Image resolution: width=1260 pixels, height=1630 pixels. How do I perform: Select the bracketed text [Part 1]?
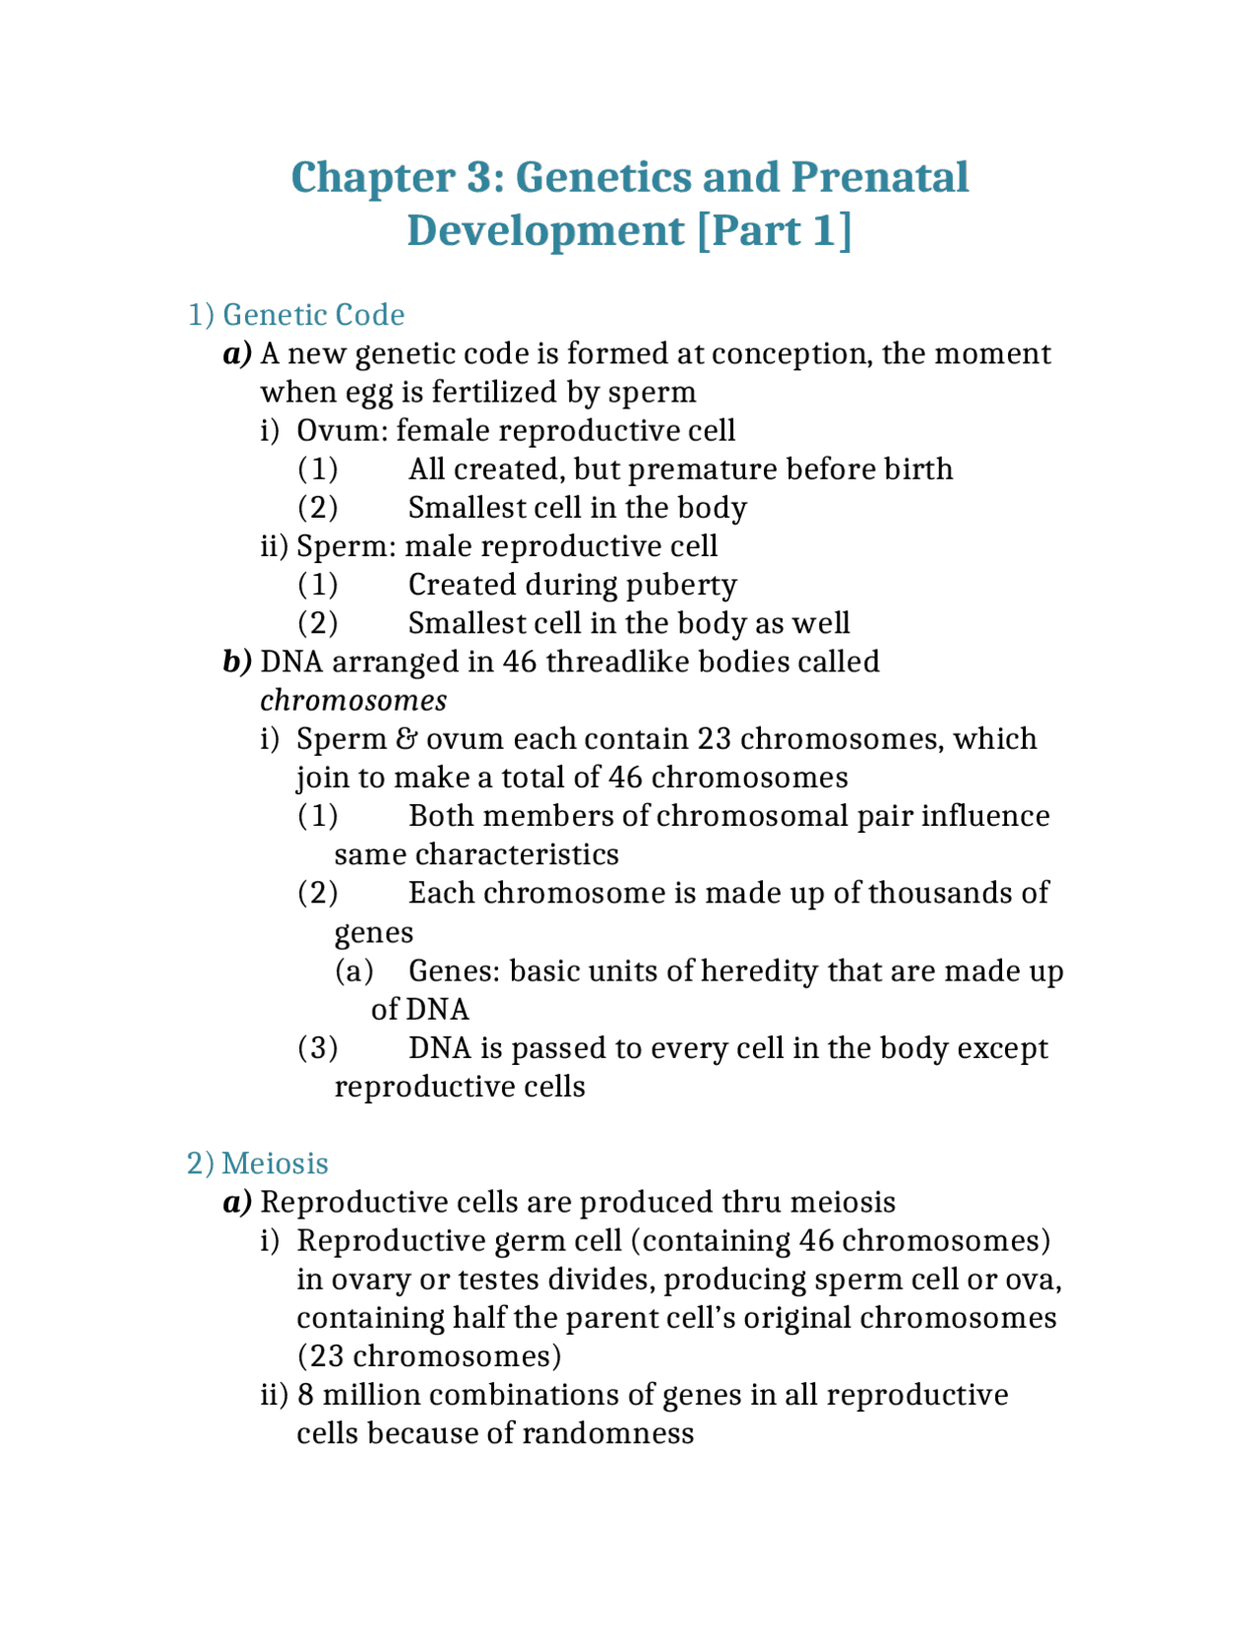pyautogui.click(x=774, y=231)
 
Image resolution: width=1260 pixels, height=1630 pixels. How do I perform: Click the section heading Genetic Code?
pyautogui.click(x=313, y=315)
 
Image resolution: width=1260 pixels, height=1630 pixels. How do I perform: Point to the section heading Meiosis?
pyautogui.click(x=275, y=1163)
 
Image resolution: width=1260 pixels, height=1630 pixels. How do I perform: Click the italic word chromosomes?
pyautogui.click(x=353, y=701)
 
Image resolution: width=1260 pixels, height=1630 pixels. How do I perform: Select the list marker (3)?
pyautogui.click(x=318, y=1048)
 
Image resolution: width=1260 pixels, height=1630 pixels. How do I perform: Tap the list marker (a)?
pyautogui.click(x=354, y=972)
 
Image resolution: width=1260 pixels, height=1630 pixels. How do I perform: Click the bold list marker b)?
pyautogui.click(x=237, y=661)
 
